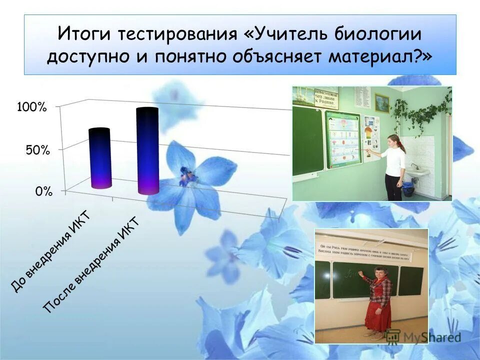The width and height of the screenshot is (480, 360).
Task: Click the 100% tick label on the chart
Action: click(x=32, y=107)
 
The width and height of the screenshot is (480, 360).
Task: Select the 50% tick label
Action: click(x=37, y=150)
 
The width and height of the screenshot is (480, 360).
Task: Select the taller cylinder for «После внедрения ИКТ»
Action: click(x=147, y=151)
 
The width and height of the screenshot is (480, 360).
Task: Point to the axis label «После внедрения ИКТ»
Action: click(x=90, y=265)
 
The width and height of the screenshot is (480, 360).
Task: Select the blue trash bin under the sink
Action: click(x=408, y=189)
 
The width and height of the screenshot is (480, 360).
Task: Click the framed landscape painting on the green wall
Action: click(x=382, y=102)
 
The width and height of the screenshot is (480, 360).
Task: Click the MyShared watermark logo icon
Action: click(x=393, y=336)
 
